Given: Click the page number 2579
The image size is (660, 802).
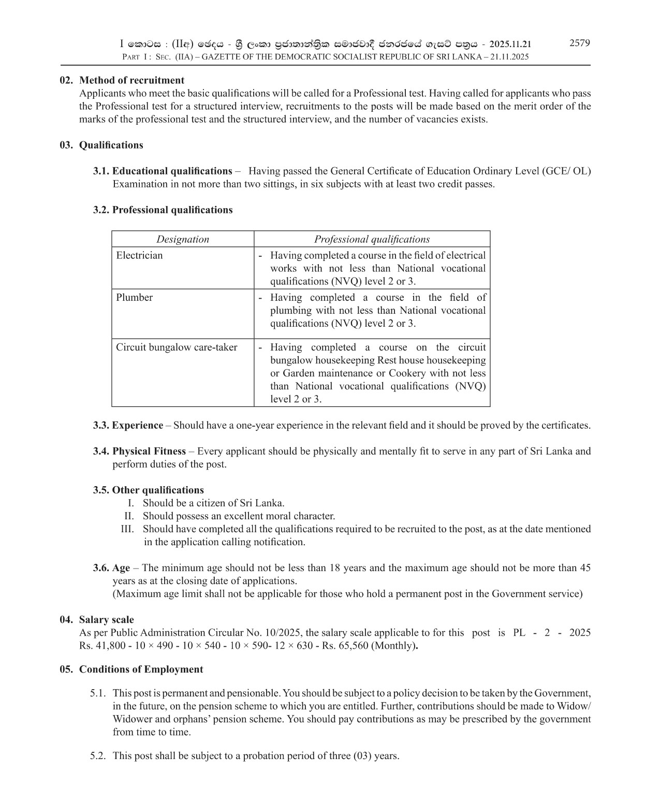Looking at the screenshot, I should [579, 43].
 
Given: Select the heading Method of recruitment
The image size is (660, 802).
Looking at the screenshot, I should [131, 80].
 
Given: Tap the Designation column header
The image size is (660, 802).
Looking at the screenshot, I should [183, 239].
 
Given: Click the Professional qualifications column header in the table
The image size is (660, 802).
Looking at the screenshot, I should [372, 239].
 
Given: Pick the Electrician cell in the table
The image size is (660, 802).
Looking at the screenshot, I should [139, 255].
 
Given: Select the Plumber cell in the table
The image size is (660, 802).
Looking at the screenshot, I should [134, 297].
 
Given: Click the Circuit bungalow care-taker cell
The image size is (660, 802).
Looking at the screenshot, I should [177, 347].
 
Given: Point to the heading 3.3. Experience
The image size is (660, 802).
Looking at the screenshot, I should [128, 425].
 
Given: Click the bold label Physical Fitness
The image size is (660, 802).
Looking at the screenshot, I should [149, 451].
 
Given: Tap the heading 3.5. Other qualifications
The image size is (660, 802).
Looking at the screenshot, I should [149, 490].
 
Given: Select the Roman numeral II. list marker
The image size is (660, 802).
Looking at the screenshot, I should [129, 516].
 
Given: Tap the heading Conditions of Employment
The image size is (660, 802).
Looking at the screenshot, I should [141, 669].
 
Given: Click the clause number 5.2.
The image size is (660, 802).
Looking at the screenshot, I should [98, 755].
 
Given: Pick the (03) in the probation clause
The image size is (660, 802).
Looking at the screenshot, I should [362, 755].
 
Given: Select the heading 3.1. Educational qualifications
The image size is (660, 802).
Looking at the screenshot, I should [163, 171].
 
